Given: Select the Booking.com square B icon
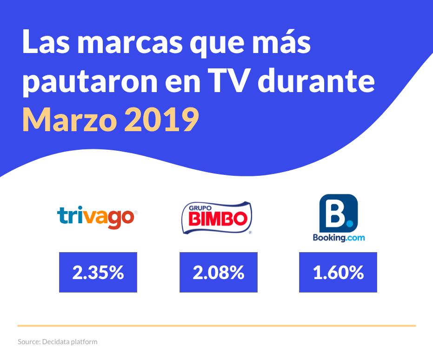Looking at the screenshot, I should [x=338, y=212].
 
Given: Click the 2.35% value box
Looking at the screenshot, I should [x=98, y=273].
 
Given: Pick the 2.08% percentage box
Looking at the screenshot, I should [x=218, y=273].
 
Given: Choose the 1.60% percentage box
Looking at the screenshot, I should [x=338, y=273].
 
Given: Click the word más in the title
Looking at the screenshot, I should [x=279, y=44].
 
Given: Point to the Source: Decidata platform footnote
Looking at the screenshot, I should [x=58, y=342].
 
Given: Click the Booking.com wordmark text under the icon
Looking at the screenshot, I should [x=338, y=238].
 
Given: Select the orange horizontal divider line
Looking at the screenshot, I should [x=217, y=326].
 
